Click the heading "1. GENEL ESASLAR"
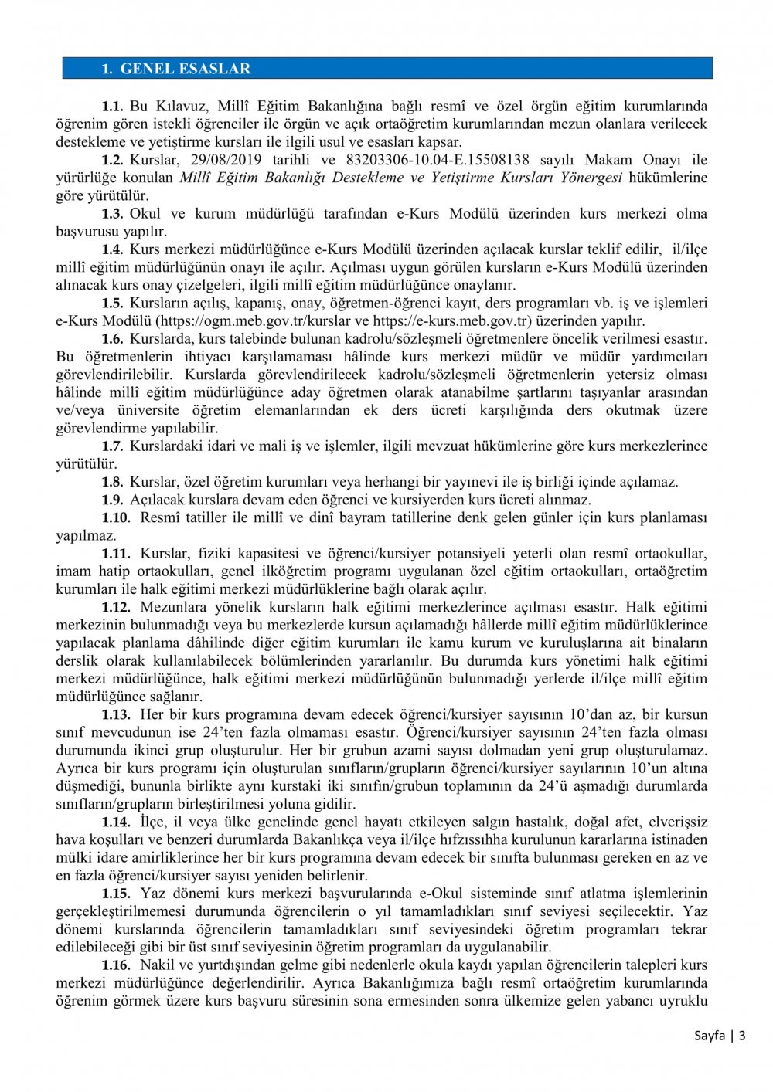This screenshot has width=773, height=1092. (176, 69)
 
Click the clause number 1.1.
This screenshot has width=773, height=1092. (112, 107)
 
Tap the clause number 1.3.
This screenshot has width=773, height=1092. (112, 214)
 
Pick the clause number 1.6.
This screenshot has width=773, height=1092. (112, 339)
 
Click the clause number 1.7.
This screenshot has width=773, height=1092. (112, 446)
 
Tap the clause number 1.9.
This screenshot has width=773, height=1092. (112, 500)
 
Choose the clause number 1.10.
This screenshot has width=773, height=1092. (116, 517)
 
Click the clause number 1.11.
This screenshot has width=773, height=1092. (116, 554)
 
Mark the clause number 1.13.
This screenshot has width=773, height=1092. (116, 714)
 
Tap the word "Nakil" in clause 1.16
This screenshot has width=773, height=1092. (158, 965)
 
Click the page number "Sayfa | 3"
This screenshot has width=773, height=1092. (719, 1036)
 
